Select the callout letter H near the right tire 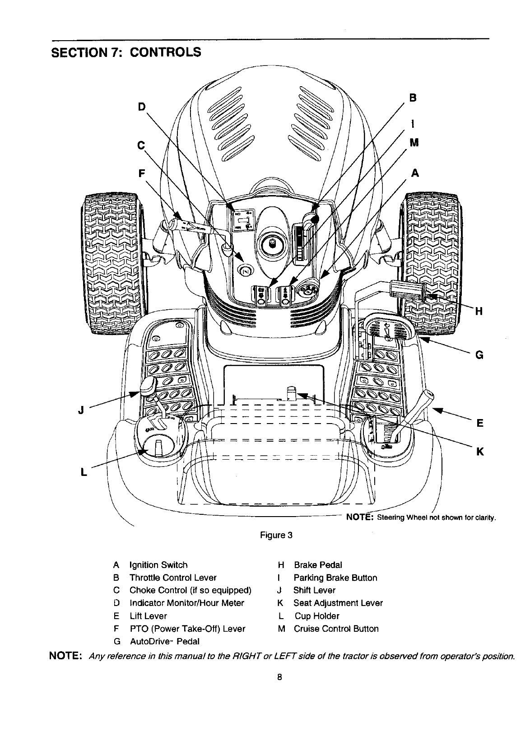click(x=479, y=311)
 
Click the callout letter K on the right click(x=480, y=451)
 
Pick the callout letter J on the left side click(x=81, y=410)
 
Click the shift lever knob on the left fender click(x=148, y=386)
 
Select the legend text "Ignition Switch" click(x=158, y=565)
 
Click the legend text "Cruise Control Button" click(x=336, y=629)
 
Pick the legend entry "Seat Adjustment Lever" click(x=338, y=603)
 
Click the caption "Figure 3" click(x=276, y=536)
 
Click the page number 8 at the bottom click(x=279, y=677)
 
